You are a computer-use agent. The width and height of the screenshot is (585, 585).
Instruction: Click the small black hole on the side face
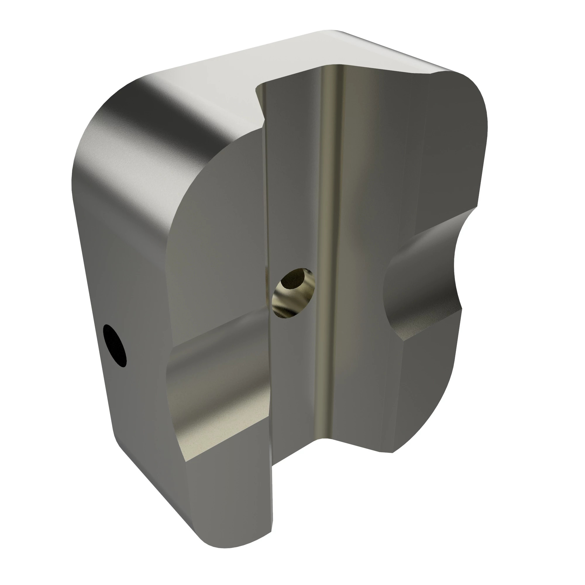click(115, 345)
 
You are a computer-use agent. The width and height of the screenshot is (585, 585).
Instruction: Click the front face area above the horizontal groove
click(218, 242)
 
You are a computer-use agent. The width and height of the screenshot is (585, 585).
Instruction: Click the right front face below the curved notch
click(403, 394)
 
